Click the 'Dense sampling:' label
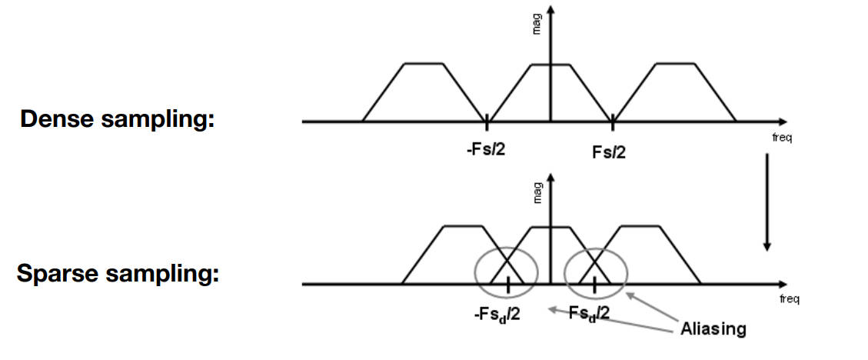point(116,120)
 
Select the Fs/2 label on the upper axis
point(609,152)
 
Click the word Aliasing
point(713,329)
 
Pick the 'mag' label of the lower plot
point(537,192)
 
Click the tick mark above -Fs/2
point(487,121)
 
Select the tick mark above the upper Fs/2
point(612,121)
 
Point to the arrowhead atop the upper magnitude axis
point(550,9)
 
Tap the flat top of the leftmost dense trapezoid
point(424,64)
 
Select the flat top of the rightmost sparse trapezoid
point(640,227)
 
